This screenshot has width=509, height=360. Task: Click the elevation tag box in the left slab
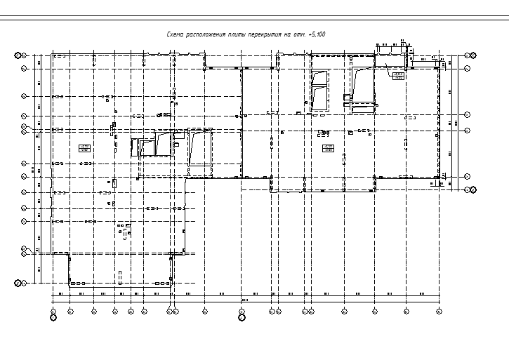coord(85,147)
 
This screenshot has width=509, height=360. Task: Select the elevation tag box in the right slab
coord(327,147)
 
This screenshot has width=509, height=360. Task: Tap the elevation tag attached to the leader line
coord(397,75)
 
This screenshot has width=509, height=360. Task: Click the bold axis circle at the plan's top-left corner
coord(19,55)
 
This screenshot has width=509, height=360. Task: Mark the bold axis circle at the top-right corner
coord(473,55)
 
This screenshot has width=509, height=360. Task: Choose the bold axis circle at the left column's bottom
coord(19,283)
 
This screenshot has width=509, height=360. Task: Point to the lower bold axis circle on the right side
coord(473,189)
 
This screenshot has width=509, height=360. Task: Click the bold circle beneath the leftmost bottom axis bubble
coord(54,317)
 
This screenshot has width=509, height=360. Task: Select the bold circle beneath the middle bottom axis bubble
coord(242,317)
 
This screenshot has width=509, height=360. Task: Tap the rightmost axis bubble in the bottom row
coord(439,309)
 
